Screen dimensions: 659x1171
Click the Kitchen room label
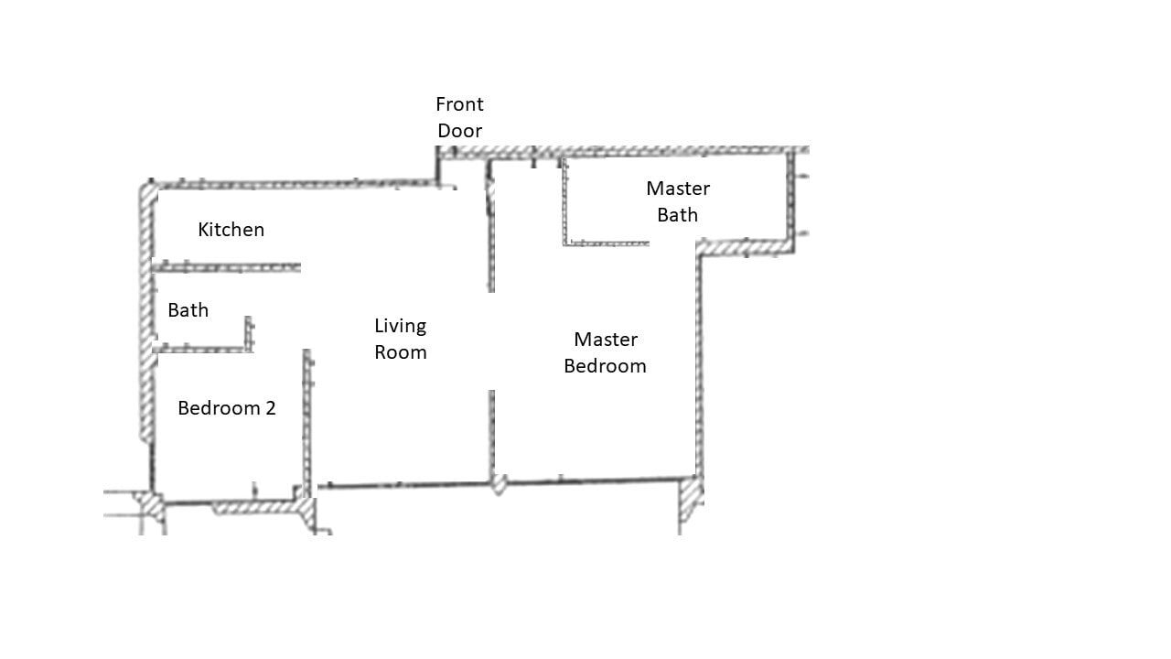(231, 230)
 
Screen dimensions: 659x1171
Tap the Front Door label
(459, 117)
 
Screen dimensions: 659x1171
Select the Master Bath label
(678, 201)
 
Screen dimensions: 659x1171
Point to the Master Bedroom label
(605, 352)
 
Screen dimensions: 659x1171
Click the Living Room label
(401, 339)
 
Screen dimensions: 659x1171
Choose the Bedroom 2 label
(227, 408)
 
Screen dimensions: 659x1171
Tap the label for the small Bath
(188, 310)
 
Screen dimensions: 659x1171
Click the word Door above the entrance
(459, 131)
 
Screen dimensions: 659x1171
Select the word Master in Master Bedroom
(606, 340)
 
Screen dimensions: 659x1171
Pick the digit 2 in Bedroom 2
(270, 408)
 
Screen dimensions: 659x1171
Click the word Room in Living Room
(401, 352)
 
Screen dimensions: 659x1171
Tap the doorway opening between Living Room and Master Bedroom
(491, 340)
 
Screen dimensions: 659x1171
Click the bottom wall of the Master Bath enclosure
(606, 243)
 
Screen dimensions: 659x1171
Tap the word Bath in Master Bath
(678, 215)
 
